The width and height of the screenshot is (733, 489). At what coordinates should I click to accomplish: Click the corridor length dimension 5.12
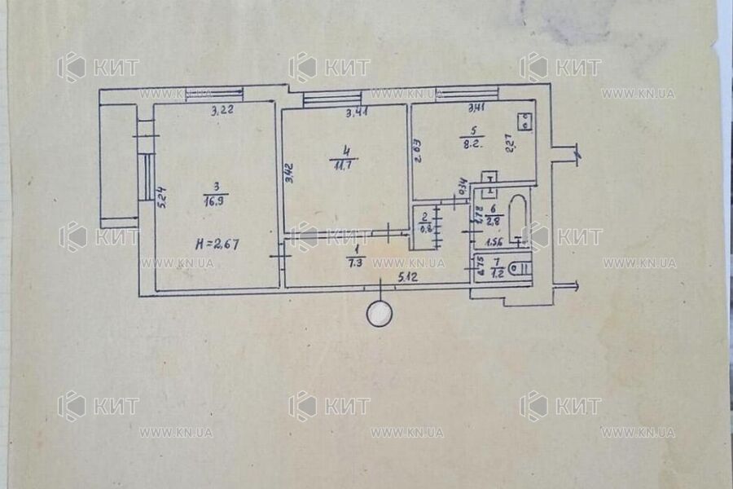coord(409,280)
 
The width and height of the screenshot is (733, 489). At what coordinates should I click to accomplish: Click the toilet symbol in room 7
coord(518,266)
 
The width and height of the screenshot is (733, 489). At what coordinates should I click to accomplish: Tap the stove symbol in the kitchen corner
coord(526,122)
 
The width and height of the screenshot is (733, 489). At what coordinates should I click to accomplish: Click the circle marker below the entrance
coord(380,314)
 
